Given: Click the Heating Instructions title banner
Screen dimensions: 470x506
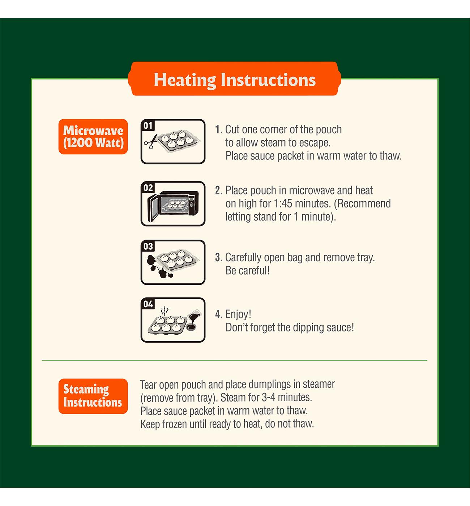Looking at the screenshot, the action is (x=235, y=79).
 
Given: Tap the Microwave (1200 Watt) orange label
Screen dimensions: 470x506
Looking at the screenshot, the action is (x=93, y=137).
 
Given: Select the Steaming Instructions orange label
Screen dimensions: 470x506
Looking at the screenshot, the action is (x=93, y=396).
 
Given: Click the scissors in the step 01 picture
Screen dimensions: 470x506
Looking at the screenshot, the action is (x=151, y=142).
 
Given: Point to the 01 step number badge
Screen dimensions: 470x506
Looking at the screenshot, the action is (x=148, y=125).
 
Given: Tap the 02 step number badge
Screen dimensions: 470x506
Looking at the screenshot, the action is (x=148, y=188).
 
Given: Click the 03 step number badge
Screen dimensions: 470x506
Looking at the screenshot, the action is (x=148, y=246).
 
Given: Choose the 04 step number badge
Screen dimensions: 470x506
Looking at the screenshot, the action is (x=148, y=304).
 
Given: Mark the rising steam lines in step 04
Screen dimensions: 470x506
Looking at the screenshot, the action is (x=164, y=311).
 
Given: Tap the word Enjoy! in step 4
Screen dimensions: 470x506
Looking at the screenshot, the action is (x=238, y=314).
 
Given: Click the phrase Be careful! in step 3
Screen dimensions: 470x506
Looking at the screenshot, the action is (x=248, y=271).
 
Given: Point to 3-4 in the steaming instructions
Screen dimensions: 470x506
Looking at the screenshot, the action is (x=269, y=397).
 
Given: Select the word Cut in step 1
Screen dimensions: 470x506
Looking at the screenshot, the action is (x=232, y=129).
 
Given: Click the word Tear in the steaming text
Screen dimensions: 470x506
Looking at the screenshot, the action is (x=148, y=385).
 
